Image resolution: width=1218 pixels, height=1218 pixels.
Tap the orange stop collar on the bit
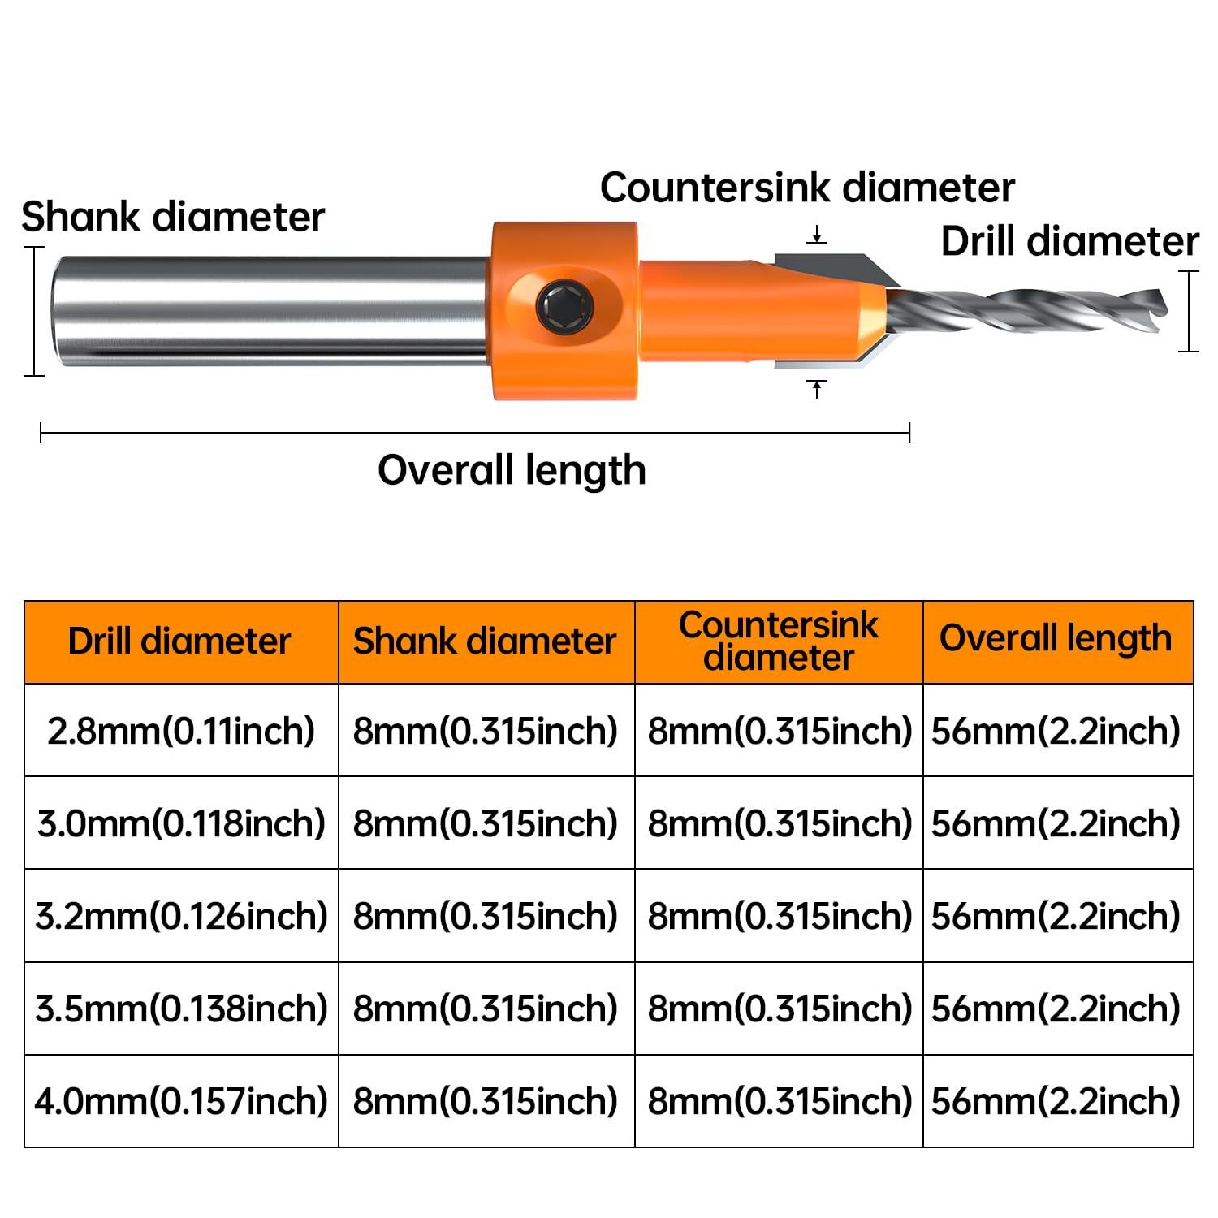click(564, 310)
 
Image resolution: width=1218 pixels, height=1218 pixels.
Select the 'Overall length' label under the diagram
click(512, 470)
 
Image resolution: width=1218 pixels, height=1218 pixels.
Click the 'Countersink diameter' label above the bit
click(807, 188)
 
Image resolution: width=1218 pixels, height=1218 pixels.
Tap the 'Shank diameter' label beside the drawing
click(172, 217)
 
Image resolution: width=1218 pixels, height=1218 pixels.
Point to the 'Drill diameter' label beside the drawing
click(1069, 241)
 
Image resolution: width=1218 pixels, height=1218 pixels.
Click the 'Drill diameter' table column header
click(179, 641)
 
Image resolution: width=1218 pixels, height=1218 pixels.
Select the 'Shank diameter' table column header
click(485, 641)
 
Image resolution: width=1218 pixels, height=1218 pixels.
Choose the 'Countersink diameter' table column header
click(779, 641)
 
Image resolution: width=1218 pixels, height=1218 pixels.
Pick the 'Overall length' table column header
click(1056, 639)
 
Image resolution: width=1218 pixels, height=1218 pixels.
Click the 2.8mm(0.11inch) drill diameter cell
click(181, 731)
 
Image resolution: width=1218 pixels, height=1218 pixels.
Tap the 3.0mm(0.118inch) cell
click(181, 823)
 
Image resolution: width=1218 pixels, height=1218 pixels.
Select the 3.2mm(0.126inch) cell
click(181, 916)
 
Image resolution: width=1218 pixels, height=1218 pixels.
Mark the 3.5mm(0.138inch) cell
click(181, 1009)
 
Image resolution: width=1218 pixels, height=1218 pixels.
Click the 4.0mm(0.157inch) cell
click(181, 1101)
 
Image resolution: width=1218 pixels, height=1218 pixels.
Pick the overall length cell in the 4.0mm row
click(1056, 1101)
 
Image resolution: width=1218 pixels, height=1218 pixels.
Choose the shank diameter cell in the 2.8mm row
click(486, 731)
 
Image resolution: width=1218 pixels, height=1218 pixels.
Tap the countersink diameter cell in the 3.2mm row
click(780, 916)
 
